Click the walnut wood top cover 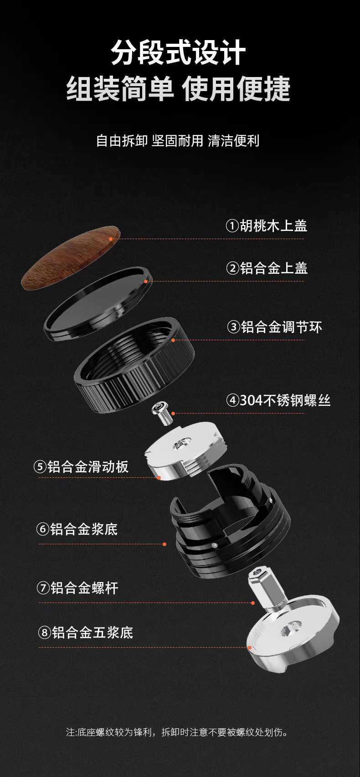click(x=71, y=258)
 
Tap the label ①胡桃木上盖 click(x=267, y=226)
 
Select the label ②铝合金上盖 click(x=267, y=268)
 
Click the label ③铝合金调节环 click(x=275, y=327)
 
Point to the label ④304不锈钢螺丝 click(x=278, y=400)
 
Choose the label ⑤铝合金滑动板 click(x=81, y=466)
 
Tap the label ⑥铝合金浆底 click(x=77, y=529)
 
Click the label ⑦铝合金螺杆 click(x=78, y=588)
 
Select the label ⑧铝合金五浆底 click(x=85, y=632)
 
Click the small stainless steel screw click(x=163, y=413)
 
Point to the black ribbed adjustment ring click(x=134, y=365)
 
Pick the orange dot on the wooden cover click(x=111, y=239)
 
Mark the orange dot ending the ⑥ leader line click(x=165, y=544)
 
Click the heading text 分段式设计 click(x=179, y=52)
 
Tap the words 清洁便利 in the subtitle click(x=234, y=141)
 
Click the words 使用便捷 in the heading click(x=236, y=89)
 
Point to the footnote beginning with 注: click(x=177, y=732)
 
